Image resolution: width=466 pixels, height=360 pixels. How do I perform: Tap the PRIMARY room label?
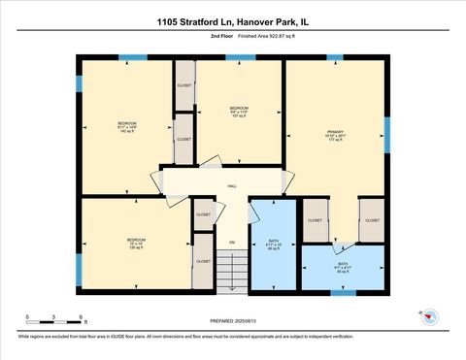point(336,135)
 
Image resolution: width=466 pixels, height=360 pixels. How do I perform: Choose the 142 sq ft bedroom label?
point(127,129)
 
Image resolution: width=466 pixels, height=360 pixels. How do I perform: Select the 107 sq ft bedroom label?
point(239,112)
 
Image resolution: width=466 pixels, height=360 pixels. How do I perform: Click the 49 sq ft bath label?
point(274,243)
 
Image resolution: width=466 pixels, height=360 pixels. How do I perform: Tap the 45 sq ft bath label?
point(343,268)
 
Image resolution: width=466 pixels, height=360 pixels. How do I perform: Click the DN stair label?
point(232,242)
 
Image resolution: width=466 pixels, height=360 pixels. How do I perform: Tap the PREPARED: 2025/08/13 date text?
point(232,319)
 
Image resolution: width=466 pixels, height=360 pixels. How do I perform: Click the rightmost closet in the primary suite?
point(372,220)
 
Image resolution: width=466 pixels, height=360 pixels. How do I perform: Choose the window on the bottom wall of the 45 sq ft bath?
point(344,292)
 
